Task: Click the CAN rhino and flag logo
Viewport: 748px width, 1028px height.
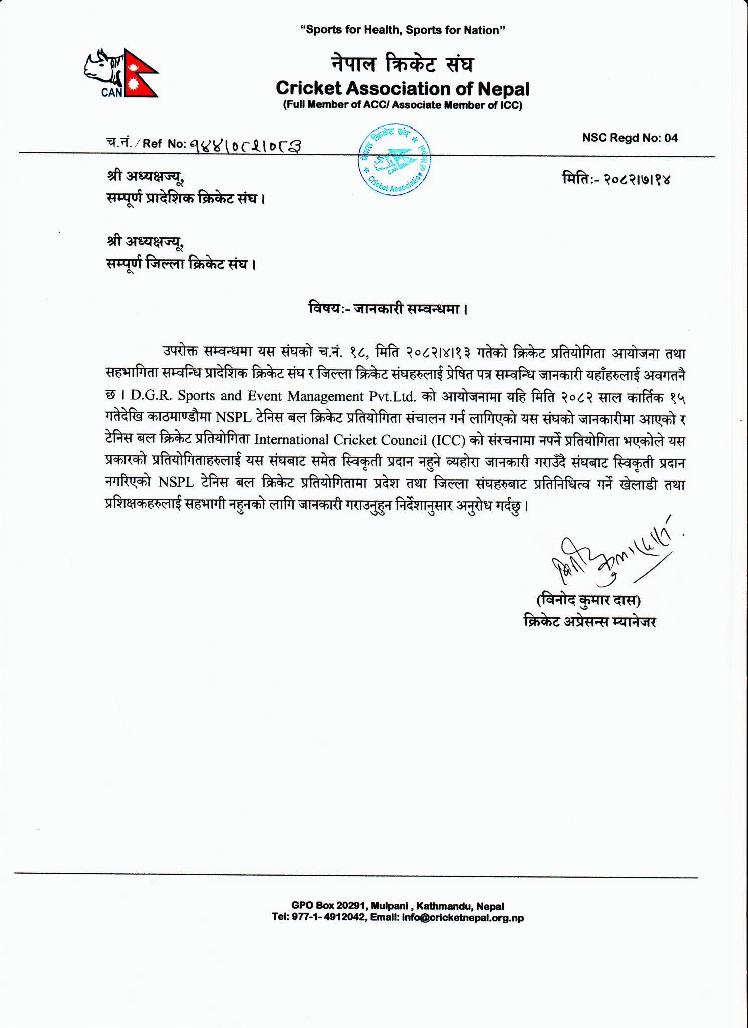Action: [x=121, y=73]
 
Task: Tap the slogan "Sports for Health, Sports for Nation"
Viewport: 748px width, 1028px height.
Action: [x=402, y=30]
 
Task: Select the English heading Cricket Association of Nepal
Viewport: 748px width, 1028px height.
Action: [x=402, y=89]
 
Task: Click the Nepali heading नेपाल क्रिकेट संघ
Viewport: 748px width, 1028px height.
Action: [x=402, y=64]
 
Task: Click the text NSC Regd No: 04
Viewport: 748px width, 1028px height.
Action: [x=630, y=138]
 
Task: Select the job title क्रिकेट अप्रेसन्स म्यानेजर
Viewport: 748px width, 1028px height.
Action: [x=589, y=622]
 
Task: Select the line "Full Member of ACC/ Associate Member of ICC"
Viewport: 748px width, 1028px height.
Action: [x=402, y=105]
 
